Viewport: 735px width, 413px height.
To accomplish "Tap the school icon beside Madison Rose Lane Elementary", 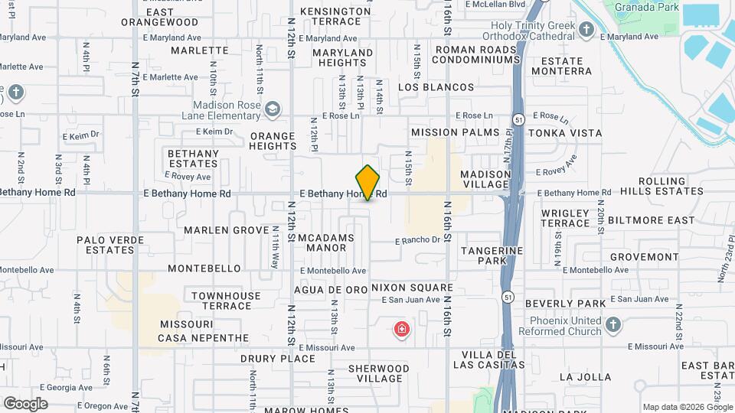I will [x=272, y=110].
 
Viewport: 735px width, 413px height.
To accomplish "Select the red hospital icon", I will [x=400, y=330].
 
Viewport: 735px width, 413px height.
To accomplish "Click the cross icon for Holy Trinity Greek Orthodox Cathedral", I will [x=586, y=31].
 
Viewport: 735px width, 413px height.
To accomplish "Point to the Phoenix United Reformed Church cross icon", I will [x=612, y=325].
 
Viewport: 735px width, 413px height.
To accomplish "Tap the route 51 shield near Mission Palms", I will [x=519, y=120].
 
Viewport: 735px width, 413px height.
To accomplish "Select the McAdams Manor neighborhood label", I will [x=326, y=242].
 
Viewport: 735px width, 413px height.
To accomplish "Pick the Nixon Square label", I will [x=412, y=288].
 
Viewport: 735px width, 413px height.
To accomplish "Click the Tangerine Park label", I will [x=492, y=255].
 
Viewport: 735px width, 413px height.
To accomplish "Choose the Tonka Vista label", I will [x=570, y=133].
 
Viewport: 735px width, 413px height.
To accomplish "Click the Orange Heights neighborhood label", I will [x=273, y=141].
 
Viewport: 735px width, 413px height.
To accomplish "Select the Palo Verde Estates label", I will [x=106, y=245].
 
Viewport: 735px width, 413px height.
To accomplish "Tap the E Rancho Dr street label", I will [x=417, y=240].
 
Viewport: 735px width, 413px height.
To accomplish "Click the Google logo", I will [x=25, y=403].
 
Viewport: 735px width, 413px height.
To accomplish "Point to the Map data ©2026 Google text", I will [x=687, y=407].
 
